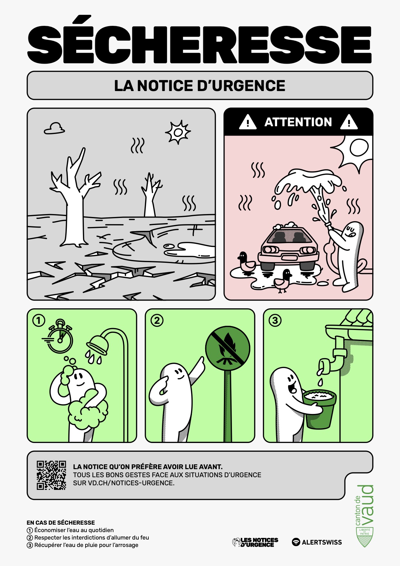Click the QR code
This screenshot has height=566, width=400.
click(x=51, y=475)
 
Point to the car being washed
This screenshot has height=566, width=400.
click(x=288, y=247)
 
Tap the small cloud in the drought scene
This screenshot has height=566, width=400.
click(x=54, y=129)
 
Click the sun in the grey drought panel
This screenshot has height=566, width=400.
click(x=178, y=132)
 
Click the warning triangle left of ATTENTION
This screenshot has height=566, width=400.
click(x=248, y=122)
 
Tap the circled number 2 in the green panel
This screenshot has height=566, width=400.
click(x=157, y=321)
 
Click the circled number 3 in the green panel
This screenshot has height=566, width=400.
click(x=275, y=321)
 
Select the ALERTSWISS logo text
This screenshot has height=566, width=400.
click(x=322, y=542)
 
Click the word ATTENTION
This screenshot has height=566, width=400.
click(x=298, y=122)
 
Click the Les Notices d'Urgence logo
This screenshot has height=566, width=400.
click(x=255, y=542)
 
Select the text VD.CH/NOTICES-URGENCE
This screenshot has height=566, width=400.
click(x=131, y=483)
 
